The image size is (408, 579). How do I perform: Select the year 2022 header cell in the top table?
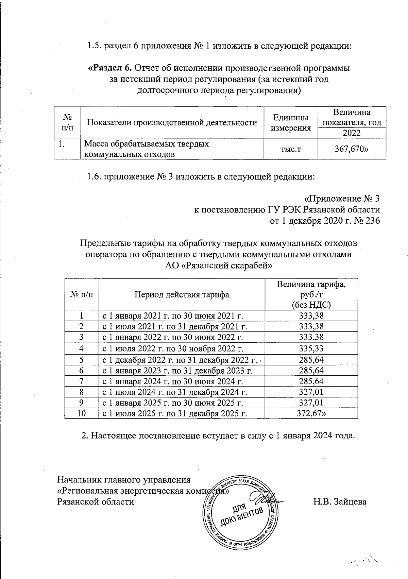352,133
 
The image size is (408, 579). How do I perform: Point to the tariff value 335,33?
311,348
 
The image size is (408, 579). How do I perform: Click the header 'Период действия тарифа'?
182,294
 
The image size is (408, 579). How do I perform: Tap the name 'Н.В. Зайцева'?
340,501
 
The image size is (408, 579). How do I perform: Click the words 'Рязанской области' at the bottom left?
96,501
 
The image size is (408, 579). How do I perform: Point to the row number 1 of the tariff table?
81,316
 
